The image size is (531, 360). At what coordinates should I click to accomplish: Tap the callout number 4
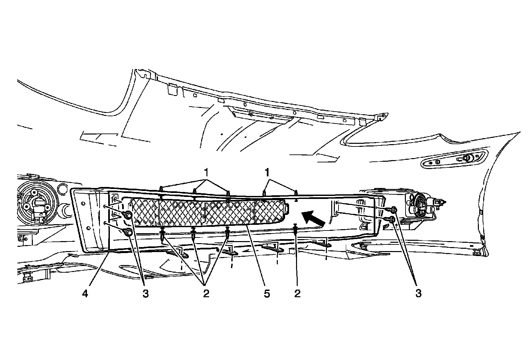86,294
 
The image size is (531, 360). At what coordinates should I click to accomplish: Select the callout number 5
267,294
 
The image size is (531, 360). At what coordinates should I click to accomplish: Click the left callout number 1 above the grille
206,173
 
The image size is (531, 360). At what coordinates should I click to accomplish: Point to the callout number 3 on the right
418,294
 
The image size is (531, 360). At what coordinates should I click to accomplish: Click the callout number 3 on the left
146,294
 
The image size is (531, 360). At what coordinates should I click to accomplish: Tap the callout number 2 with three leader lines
206,294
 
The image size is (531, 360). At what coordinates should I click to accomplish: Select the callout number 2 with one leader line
297,294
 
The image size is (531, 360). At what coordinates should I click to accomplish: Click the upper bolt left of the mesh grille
128,215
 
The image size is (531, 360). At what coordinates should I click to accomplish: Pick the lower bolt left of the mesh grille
128,232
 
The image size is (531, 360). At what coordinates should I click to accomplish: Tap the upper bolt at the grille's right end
393,209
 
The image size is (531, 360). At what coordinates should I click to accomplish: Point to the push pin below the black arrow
295,229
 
